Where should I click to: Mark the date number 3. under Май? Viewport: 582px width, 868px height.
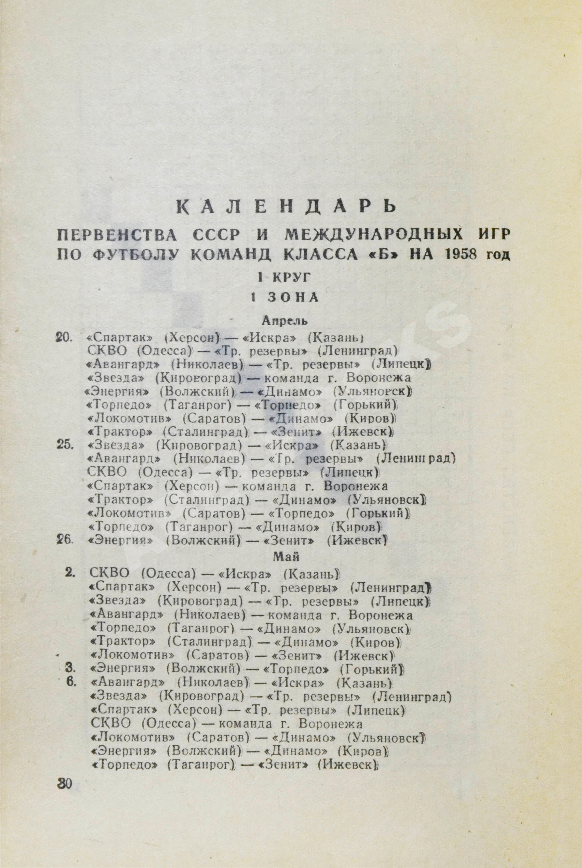pos(70,668)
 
